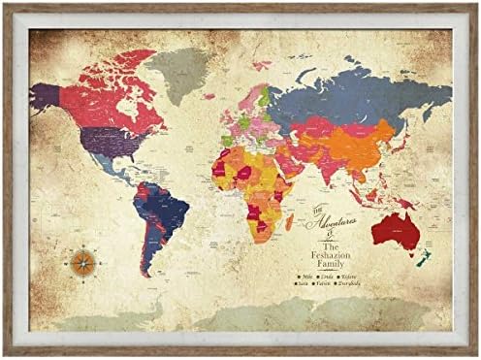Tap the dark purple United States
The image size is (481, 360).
pos(101,143)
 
